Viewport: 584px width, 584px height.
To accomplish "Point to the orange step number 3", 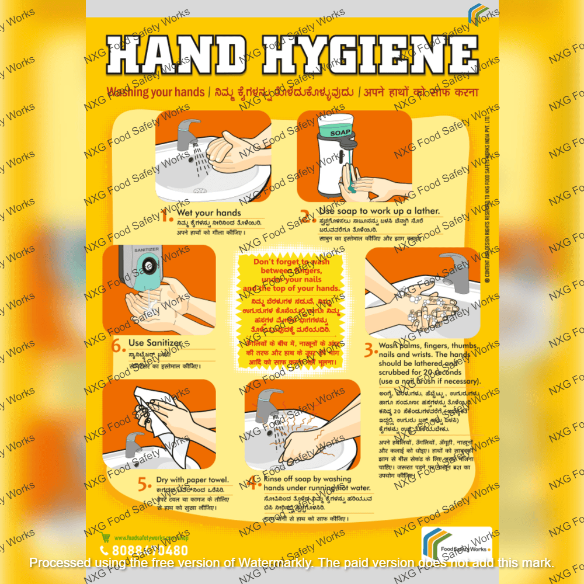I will [370, 350].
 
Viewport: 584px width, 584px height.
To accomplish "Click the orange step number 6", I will [119, 345].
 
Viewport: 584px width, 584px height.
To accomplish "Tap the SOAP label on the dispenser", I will [339, 133].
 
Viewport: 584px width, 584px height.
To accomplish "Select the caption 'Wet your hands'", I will [208, 213].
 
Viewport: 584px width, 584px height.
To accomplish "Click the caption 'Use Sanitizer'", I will [155, 342].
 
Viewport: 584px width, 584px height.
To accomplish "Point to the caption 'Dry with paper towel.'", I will [192, 480].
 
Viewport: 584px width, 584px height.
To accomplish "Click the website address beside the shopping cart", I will [150, 538].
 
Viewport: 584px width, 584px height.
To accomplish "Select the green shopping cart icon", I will [106, 537].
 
